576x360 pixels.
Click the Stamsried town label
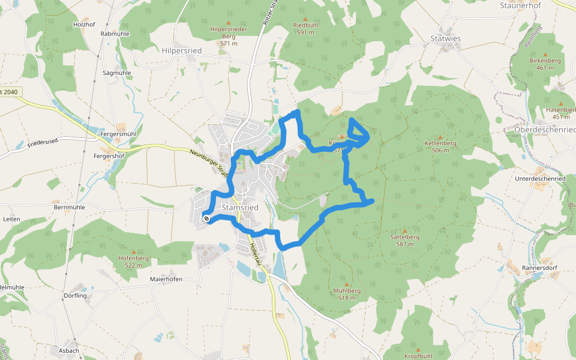[240, 208]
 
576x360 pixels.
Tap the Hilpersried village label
[182, 51]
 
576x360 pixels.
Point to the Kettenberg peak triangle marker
[440, 136]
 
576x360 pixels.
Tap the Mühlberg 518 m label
[346, 293]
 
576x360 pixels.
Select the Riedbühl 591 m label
[305, 28]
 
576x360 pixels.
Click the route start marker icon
[206, 219]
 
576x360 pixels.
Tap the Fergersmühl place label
[119, 134]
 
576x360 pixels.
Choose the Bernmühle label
[69, 207]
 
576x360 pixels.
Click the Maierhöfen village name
[166, 280]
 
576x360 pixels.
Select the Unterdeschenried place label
[540, 179]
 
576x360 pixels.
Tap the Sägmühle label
[117, 73]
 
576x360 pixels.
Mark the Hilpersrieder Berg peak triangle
[228, 22]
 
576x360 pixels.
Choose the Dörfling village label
[75, 296]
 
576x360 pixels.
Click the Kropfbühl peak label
[418, 356]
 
